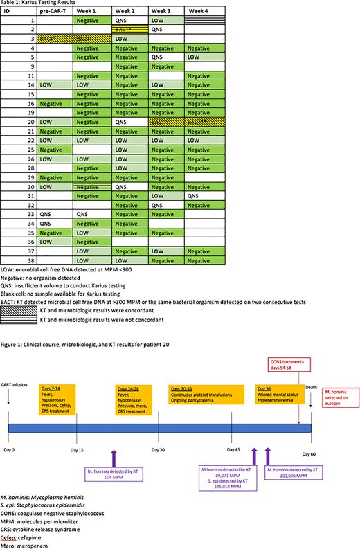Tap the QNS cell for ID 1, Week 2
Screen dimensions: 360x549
tap(129, 21)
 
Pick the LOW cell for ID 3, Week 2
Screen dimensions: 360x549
tap(129, 39)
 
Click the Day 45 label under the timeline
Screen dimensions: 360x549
tap(232, 449)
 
